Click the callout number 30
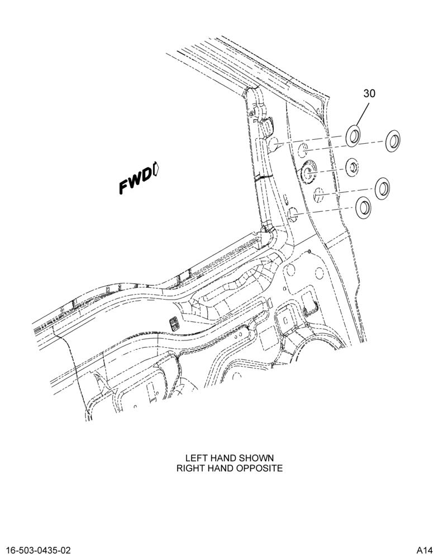click(x=369, y=93)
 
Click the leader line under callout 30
click(x=361, y=113)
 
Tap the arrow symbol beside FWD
click(x=156, y=169)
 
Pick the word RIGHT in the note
click(x=190, y=468)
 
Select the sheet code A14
click(x=424, y=549)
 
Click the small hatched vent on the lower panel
click(x=174, y=323)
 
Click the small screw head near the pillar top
click(x=251, y=113)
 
